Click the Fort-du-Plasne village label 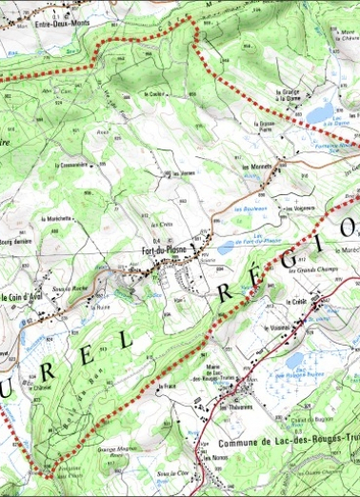164,250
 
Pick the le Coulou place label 155,94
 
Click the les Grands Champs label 290,273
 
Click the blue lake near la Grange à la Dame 320,111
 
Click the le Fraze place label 170,386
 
